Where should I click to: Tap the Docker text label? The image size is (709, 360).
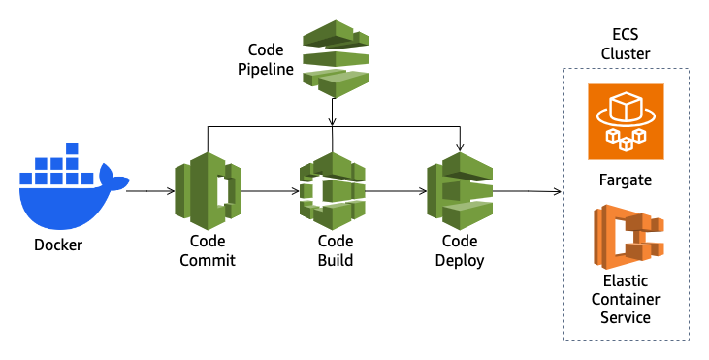58,245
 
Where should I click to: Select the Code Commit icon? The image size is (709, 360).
207,189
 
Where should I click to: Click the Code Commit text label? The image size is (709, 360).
208,250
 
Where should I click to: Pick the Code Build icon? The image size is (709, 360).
333,189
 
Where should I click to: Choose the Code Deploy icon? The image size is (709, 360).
460,189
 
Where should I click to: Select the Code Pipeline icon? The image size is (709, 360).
336,56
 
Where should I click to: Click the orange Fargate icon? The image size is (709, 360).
626,121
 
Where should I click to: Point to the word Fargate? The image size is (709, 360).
626,180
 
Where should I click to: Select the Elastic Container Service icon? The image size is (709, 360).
626,239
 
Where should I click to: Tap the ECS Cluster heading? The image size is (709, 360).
626,45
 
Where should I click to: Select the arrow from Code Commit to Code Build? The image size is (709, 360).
271,191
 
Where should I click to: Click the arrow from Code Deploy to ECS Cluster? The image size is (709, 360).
529,192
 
